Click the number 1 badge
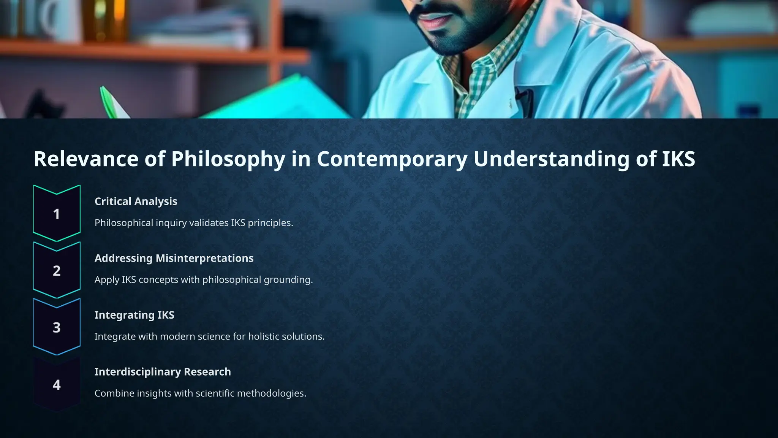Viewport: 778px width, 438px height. pos(57,214)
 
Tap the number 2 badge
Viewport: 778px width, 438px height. pos(57,270)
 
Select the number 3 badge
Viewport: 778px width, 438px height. pos(57,327)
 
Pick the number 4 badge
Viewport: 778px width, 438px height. pos(57,384)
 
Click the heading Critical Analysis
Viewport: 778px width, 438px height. pos(136,201)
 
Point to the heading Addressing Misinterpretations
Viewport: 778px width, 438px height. pos(174,258)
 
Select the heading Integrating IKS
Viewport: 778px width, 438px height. pos(134,315)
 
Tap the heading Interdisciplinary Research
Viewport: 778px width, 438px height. pos(162,371)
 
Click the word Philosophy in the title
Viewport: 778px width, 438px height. pos(228,159)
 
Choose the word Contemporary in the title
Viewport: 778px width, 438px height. pos(392,159)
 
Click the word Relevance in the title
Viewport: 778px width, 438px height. pos(86,159)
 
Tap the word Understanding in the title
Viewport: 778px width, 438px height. pos(552,159)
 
